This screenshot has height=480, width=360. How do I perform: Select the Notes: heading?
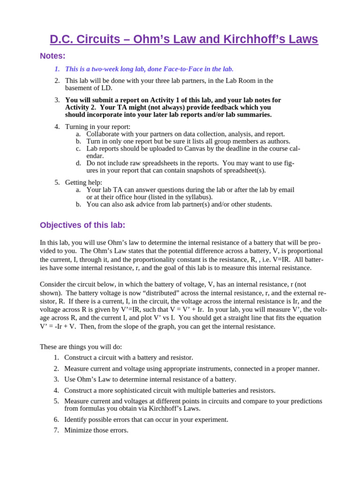[52, 56]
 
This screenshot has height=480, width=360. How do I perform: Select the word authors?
[278, 141]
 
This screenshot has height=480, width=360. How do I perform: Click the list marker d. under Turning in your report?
[78, 163]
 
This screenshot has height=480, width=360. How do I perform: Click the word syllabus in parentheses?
[198, 197]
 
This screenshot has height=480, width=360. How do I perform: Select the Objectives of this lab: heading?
[82, 225]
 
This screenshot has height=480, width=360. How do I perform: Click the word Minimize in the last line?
[78, 430]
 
